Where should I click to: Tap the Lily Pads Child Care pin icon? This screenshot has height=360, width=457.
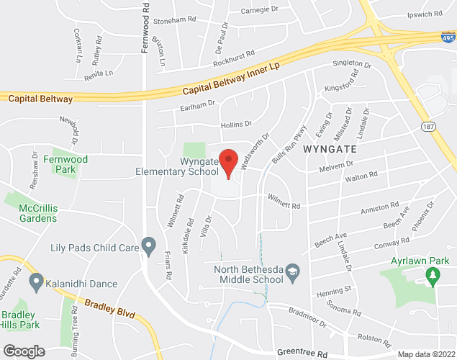click(x=149, y=247)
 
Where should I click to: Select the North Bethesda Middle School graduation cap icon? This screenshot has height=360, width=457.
click(x=292, y=271)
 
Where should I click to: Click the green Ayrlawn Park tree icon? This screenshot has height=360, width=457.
click(x=432, y=274)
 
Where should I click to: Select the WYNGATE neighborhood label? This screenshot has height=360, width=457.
click(x=330, y=149)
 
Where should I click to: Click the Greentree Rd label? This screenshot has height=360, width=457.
click(x=306, y=354)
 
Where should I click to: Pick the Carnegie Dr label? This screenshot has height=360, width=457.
click(x=260, y=9)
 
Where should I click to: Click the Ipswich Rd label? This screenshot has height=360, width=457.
click(x=425, y=14)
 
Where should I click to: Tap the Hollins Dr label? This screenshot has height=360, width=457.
click(x=236, y=125)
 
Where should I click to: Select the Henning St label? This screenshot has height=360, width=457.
click(x=335, y=289)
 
